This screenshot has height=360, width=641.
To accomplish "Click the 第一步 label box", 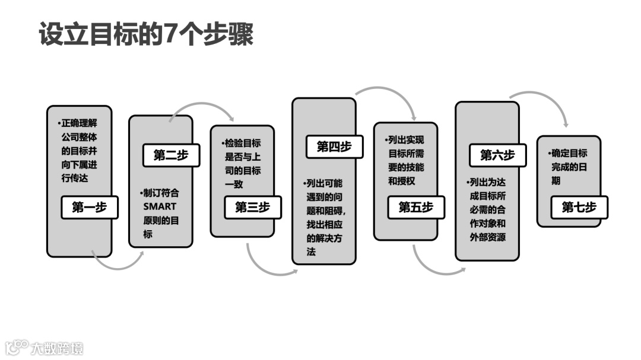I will [89, 208].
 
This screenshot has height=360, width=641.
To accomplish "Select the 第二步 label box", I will [170, 155].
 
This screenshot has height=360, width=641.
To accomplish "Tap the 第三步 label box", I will [252, 207].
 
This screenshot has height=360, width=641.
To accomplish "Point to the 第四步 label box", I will [334, 147].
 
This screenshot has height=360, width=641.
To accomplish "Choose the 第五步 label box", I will [415, 207].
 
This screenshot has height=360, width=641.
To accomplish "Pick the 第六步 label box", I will [497, 155].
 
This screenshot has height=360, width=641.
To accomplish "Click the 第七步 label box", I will [579, 207].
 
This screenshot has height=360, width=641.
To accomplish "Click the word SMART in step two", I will [160, 206].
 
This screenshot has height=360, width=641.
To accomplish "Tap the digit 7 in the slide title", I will [170, 34].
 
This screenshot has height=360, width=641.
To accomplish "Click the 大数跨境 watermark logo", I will [45, 347].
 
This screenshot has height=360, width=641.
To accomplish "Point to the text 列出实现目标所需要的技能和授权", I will [406, 160].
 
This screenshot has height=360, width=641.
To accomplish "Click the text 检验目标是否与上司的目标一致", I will [242, 164].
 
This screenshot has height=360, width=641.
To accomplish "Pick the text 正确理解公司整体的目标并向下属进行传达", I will [79, 151].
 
